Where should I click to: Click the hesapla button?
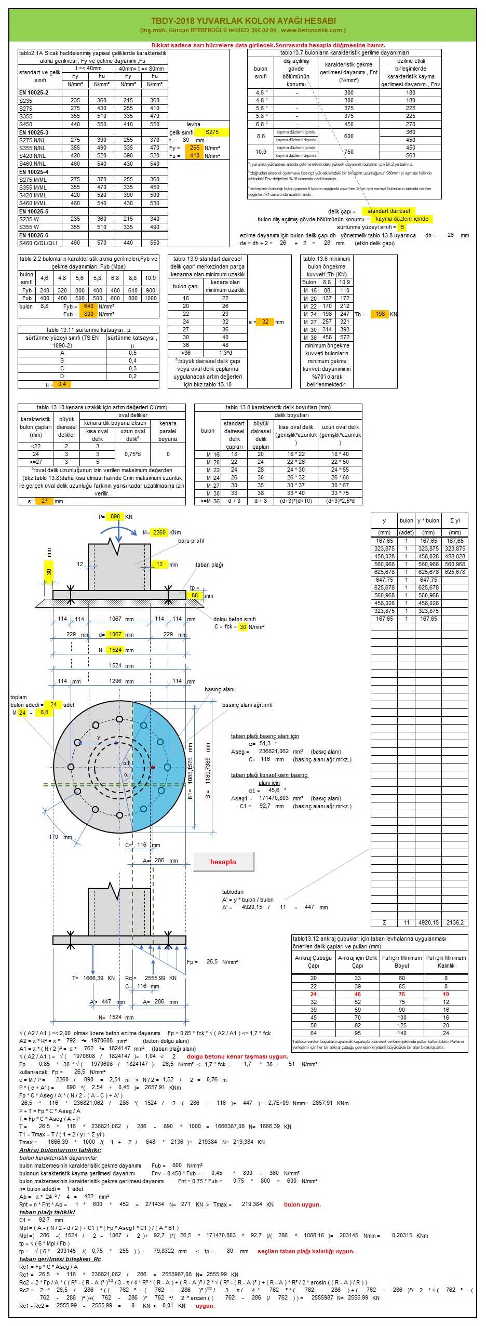click(x=223, y=862)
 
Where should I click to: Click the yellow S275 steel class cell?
click(x=212, y=132)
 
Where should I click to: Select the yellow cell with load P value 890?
click(x=115, y=516)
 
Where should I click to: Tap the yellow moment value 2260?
click(x=159, y=532)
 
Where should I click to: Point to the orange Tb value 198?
click(x=380, y=314)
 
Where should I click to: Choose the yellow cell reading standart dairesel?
click(x=388, y=211)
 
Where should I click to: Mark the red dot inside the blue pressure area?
click(x=153, y=767)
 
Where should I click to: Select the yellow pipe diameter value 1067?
click(x=115, y=634)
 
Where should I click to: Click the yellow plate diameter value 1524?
click(x=115, y=650)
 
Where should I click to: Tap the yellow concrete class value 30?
click(x=242, y=627)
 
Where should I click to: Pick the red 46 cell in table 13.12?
click(x=357, y=994)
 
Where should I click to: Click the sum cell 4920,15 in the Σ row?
click(x=428, y=922)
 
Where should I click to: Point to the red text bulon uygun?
click(x=302, y=1204)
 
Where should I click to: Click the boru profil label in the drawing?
click(x=191, y=541)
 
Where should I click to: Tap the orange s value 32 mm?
click(x=265, y=322)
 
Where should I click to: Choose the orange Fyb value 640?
click(x=89, y=306)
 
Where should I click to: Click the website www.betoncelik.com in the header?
click(x=312, y=30)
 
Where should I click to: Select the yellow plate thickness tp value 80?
click(x=194, y=595)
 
